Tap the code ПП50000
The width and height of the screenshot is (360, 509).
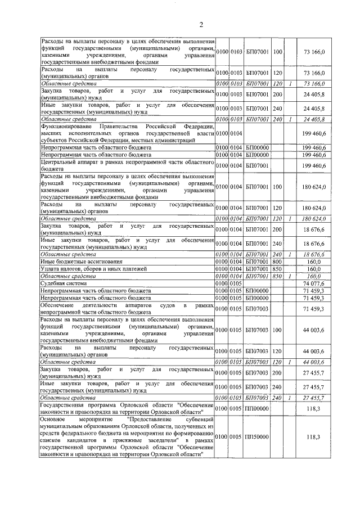tap(258, 436)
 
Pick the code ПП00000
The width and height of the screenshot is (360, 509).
tap(258, 408)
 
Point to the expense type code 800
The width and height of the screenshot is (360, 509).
tap(277, 262)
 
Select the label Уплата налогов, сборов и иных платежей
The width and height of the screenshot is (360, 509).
tap(93, 269)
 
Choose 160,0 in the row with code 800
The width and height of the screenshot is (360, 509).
tap(314, 262)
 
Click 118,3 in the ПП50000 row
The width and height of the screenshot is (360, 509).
tap(314, 436)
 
